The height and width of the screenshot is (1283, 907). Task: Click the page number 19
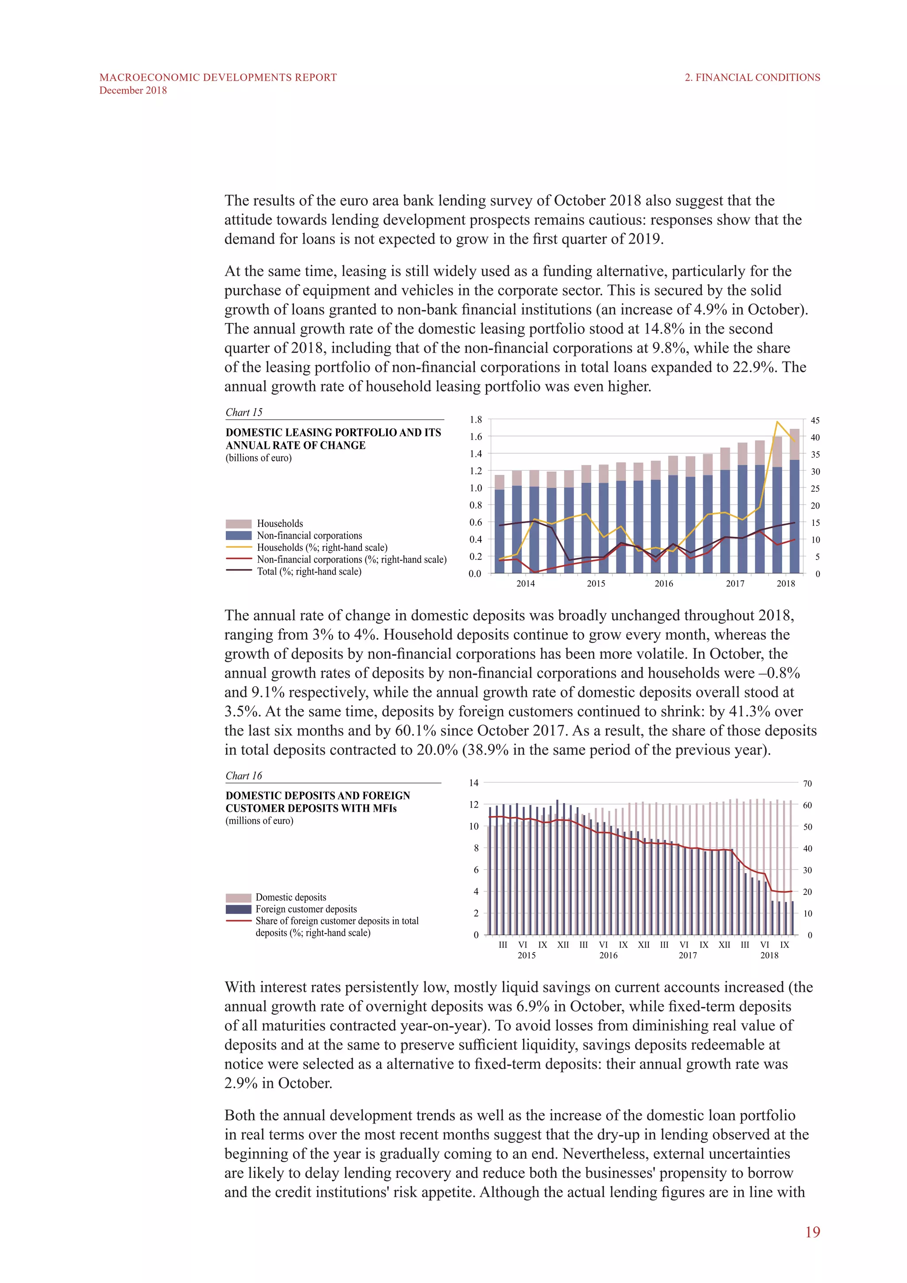coord(812,1232)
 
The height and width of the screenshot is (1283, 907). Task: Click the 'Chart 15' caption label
coord(244,412)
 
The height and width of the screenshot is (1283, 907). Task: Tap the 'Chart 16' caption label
coord(244,776)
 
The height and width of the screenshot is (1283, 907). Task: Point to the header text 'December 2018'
coord(133,90)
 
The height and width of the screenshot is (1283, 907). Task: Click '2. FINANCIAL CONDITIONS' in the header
coord(752,78)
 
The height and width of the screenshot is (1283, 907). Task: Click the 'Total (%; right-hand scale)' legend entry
coord(309,572)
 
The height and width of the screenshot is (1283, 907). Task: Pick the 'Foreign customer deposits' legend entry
coord(306,909)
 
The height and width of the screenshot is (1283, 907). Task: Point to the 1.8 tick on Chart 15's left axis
coord(475,420)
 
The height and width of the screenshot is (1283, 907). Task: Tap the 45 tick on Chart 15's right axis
coord(815,420)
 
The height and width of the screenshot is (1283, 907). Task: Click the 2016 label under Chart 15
coord(663,583)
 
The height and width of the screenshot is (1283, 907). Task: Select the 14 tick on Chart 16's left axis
coord(473,783)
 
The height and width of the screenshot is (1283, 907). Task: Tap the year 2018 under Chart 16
coord(769,956)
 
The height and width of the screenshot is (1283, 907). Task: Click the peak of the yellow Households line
coord(777,422)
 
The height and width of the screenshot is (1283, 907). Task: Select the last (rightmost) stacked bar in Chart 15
coord(794,501)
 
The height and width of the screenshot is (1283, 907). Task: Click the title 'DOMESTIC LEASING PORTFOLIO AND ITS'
coord(333,432)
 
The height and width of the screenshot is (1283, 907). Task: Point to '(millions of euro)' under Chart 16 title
coord(259,821)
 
